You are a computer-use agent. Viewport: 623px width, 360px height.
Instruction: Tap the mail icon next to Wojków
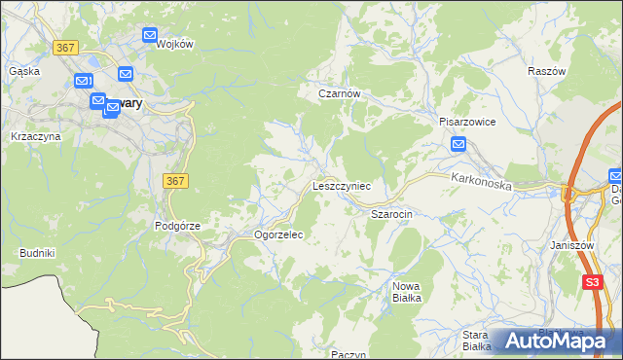150,35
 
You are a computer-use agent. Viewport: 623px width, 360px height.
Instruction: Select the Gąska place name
23,71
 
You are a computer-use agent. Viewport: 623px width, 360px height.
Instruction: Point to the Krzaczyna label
35,136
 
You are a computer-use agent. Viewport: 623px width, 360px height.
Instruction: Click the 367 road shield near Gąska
66,48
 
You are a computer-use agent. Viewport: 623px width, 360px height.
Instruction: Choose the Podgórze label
177,226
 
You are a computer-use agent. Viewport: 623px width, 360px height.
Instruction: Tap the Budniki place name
37,253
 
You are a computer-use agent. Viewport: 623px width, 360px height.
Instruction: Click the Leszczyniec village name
341,185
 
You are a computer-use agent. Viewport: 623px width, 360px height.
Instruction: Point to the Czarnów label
341,93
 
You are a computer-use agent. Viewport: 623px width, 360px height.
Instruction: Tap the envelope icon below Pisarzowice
459,145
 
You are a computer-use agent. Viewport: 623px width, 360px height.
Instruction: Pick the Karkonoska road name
481,181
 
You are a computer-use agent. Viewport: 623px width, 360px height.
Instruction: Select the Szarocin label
392,212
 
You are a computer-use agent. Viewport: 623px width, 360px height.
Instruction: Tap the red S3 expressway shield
592,282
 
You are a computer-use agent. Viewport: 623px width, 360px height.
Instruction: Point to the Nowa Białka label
406,292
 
